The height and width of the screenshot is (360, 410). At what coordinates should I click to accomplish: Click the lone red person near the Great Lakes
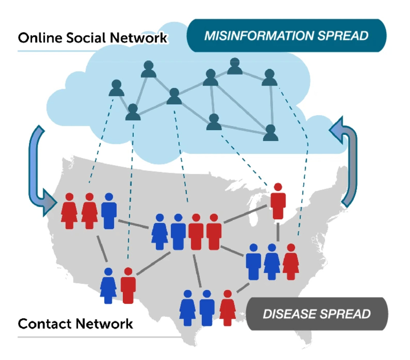click(278, 202)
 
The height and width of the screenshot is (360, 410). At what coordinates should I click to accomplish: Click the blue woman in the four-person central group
click(160, 233)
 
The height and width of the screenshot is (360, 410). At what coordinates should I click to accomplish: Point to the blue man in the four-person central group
click(178, 233)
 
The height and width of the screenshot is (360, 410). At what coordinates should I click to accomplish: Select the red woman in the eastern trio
click(291, 263)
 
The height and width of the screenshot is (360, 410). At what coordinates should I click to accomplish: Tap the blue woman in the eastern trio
click(272, 263)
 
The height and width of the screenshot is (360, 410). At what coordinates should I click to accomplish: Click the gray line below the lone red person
click(278, 232)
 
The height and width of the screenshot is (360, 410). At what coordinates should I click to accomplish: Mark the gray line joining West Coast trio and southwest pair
click(102, 249)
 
